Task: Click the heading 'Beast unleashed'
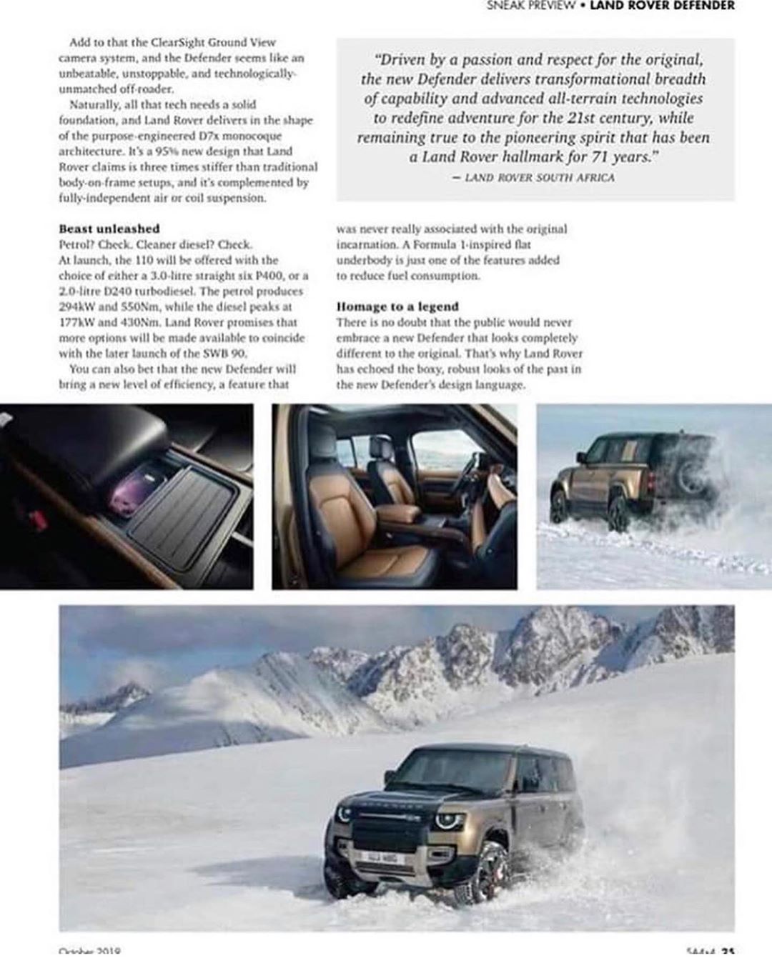click(x=109, y=229)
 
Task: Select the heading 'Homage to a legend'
click(x=397, y=306)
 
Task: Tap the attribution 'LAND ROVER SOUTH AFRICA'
click(x=539, y=176)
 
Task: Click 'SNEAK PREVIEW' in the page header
click(x=531, y=5)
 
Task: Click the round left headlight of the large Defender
click(x=345, y=813)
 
